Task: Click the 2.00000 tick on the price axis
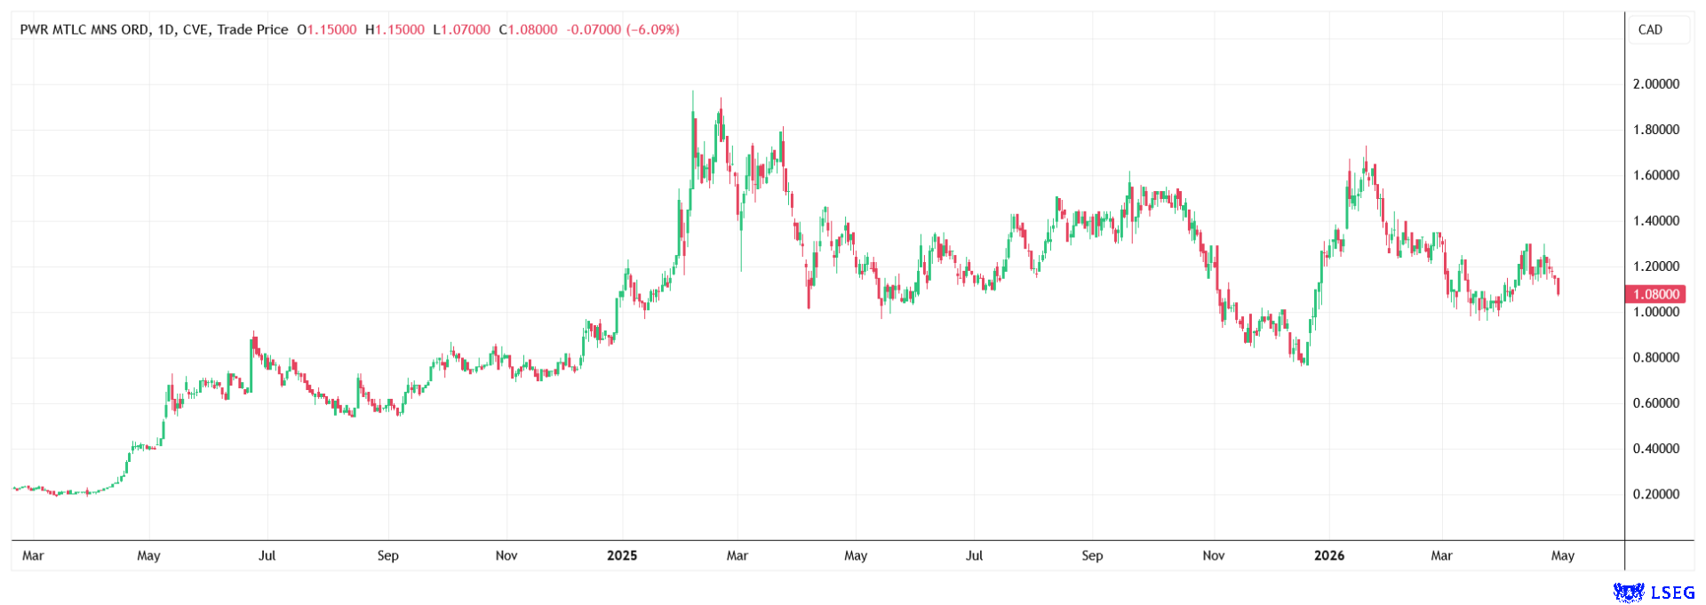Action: (x=1655, y=84)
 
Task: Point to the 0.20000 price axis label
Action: (x=1655, y=494)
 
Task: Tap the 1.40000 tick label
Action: (x=1655, y=221)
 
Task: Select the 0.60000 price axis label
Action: (x=1655, y=403)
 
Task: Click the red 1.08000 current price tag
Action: (x=1654, y=294)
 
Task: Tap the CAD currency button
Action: (x=1650, y=29)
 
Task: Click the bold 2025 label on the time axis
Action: (x=622, y=556)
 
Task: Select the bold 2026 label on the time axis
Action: (x=1329, y=556)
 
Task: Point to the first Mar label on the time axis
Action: (x=33, y=556)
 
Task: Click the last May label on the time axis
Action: (x=1563, y=556)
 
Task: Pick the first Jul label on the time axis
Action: (x=267, y=556)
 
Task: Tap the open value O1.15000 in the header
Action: (x=327, y=29)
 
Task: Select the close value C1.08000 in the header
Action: (x=528, y=29)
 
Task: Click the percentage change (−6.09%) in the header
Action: (x=653, y=29)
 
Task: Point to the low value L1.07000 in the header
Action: (x=461, y=29)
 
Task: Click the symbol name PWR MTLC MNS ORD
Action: (x=84, y=29)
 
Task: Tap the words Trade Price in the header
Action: (x=252, y=29)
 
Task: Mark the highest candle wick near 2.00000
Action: (x=693, y=92)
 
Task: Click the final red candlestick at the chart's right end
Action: (x=1559, y=286)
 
